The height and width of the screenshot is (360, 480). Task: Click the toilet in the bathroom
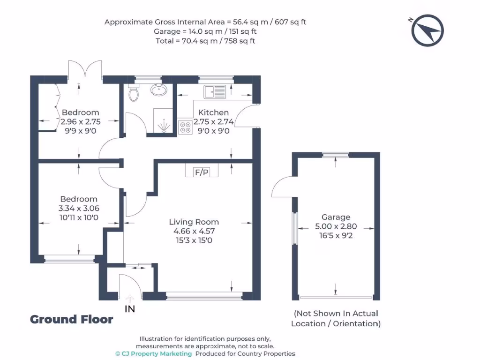coord(134,92)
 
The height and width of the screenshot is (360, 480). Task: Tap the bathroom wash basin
coord(158,90)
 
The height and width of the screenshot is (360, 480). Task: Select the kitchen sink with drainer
coord(215,92)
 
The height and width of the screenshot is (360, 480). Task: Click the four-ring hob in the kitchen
coord(185,127)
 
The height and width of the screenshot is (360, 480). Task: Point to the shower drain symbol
coord(164,126)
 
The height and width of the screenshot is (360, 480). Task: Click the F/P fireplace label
coord(202,172)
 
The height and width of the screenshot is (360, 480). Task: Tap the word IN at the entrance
coord(130,309)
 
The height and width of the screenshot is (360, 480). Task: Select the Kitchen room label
coord(213,112)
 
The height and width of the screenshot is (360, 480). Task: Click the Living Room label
coord(194,222)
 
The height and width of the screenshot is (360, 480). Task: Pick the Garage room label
coord(336,217)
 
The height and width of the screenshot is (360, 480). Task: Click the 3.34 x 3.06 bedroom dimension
coord(79,208)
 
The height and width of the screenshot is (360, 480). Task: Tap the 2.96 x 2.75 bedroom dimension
coord(81,121)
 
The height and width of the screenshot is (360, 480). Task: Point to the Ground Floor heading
coord(72,319)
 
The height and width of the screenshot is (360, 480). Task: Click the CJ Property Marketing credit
coord(154,354)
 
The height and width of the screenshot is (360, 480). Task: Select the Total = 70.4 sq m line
coord(205,41)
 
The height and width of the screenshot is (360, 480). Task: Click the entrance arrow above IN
coord(130,299)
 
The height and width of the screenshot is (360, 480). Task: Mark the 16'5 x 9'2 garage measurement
coord(336,236)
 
